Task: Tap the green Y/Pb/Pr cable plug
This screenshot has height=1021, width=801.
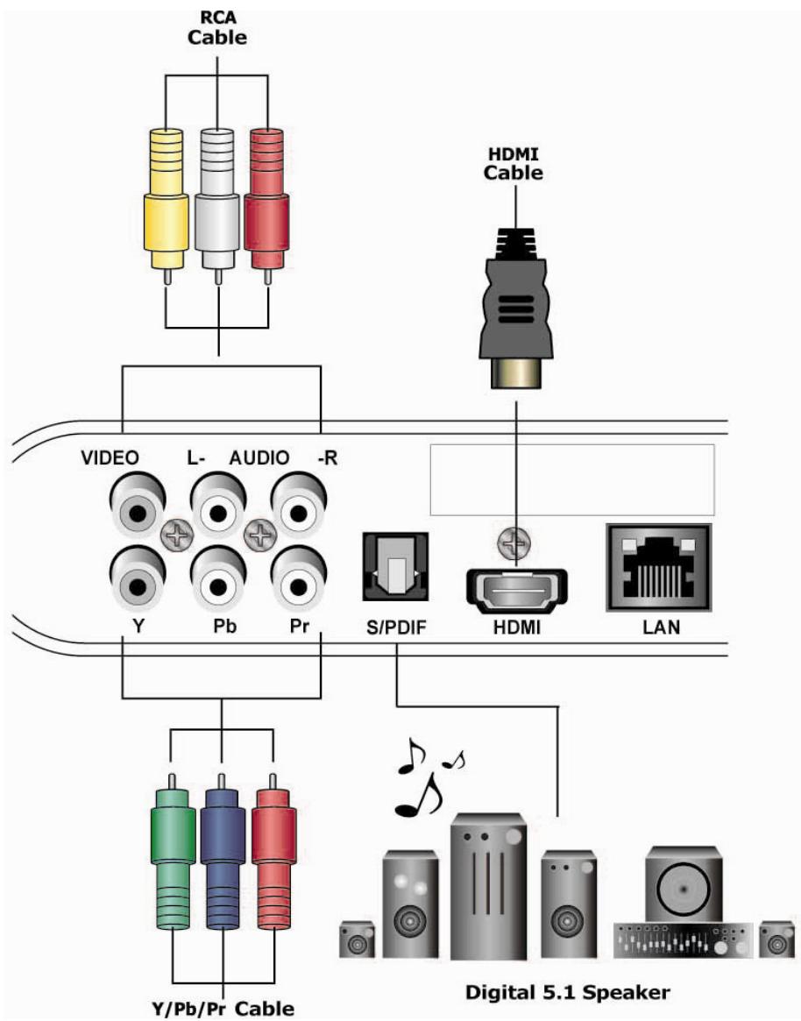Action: coord(172,841)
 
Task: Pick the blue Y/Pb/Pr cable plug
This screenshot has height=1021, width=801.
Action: coord(222,841)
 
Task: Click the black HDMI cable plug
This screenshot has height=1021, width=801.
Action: coord(515,298)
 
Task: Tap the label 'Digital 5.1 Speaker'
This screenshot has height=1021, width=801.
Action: coord(566,992)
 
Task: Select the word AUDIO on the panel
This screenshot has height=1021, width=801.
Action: coord(259,457)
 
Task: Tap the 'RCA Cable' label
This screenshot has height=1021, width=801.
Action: coord(217,29)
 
